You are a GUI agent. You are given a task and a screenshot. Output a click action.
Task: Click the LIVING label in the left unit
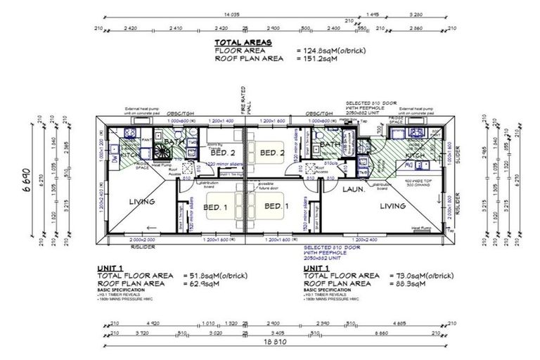coord(143,202)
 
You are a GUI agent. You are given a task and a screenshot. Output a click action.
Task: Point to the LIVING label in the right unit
coord(392,205)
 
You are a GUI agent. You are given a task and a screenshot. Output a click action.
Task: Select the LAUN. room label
coord(352,189)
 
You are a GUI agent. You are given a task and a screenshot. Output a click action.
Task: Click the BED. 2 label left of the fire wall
coord(223,152)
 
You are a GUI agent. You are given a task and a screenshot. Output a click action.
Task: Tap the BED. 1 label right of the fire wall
coord(275,206)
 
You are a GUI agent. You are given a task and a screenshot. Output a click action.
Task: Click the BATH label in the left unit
coord(173,142)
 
